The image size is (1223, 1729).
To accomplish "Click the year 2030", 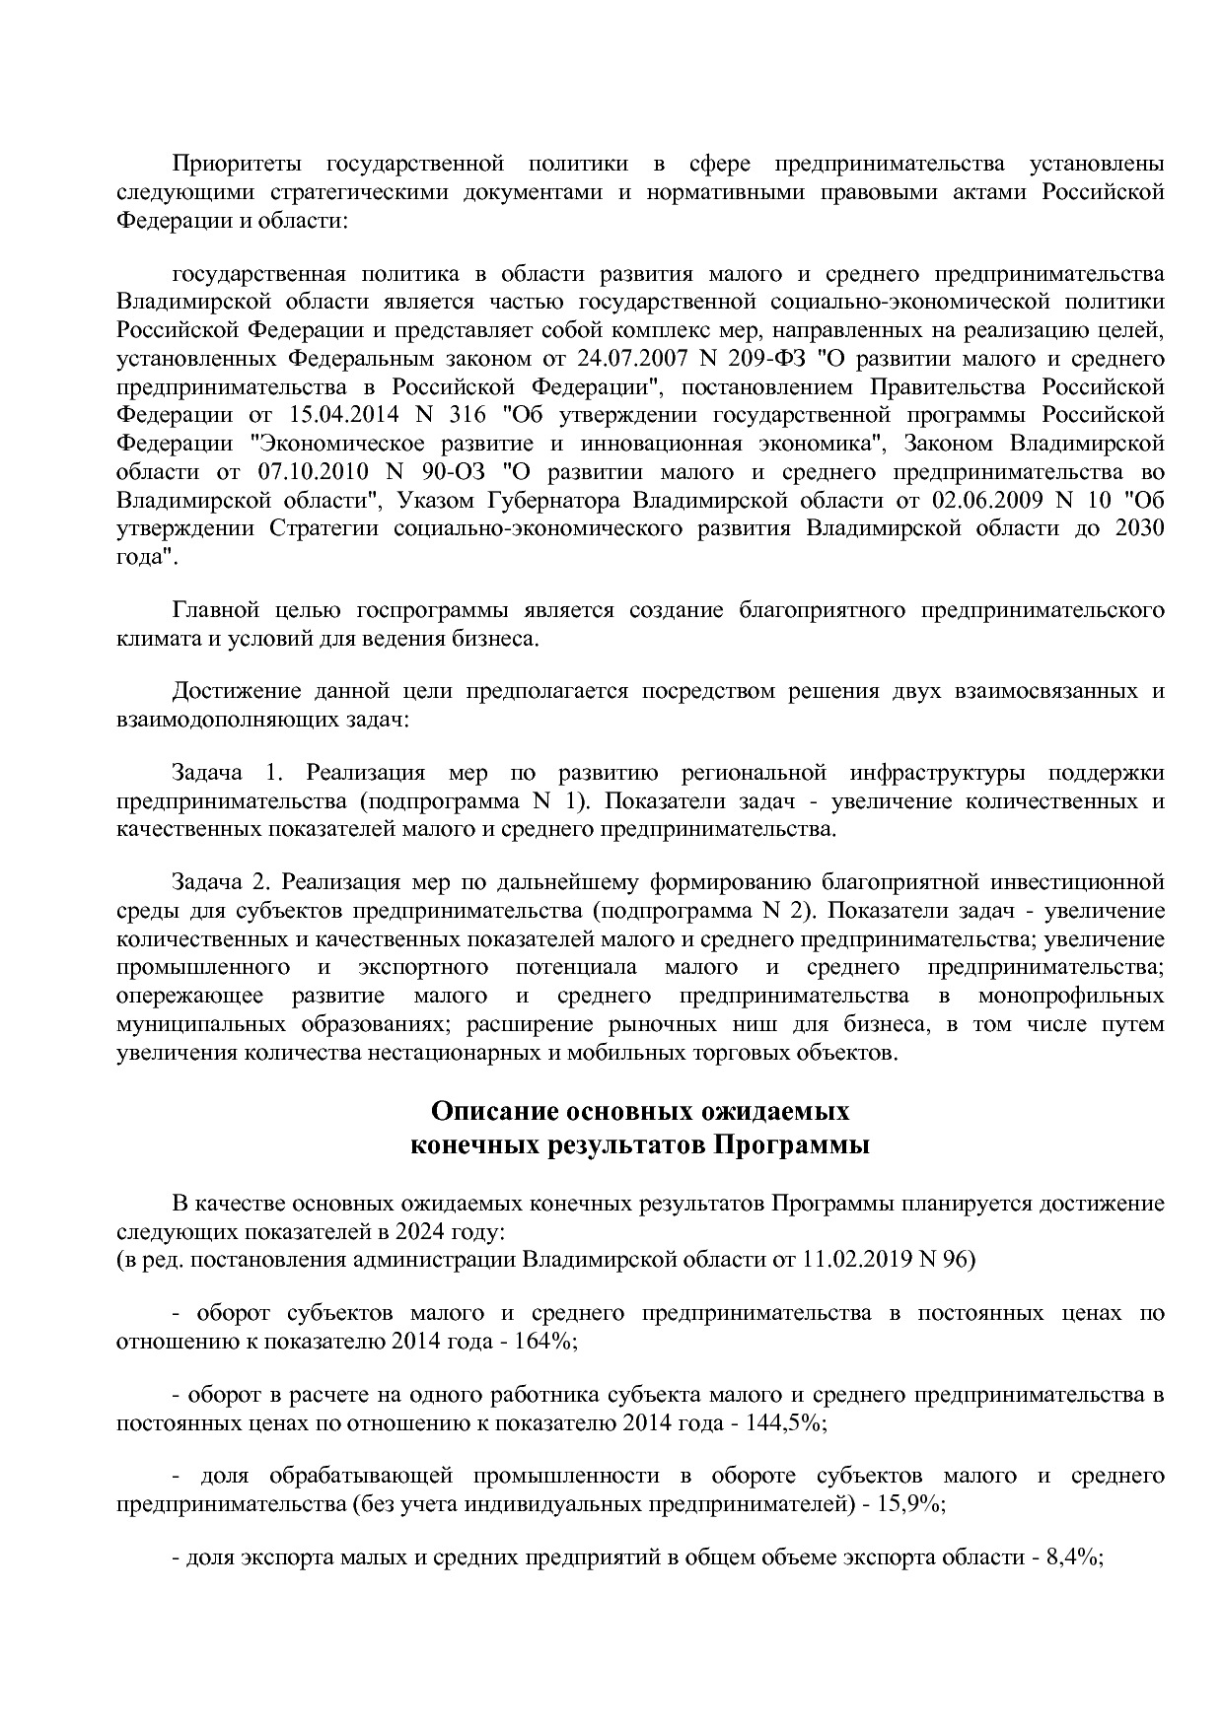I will point(1138,528).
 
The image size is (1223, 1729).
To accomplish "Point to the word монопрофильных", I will point(1070,996).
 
